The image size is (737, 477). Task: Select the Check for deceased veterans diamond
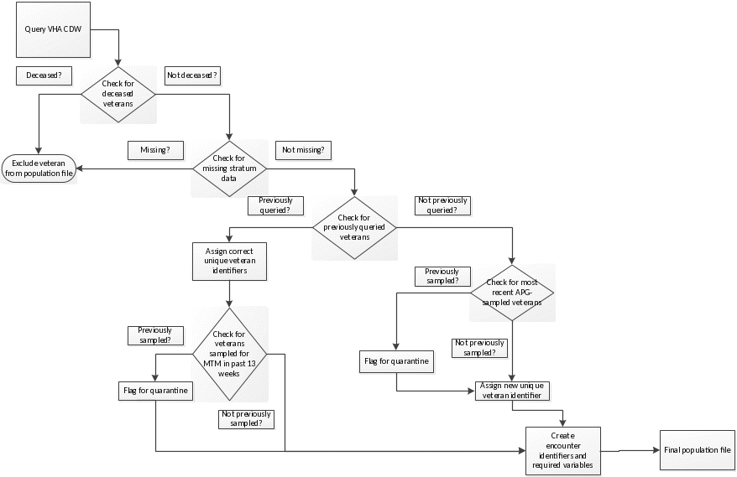118,93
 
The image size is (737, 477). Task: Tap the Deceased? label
43,75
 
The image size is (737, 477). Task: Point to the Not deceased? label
192,75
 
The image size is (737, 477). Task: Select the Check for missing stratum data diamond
229,168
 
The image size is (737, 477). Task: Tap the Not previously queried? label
442,205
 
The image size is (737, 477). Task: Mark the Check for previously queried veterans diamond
354,227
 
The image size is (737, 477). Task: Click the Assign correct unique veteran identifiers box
229,260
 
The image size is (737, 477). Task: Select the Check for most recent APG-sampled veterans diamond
511,293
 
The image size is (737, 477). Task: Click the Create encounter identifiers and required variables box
563,451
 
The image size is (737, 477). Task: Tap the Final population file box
697,449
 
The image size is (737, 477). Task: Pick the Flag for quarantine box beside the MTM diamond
155,390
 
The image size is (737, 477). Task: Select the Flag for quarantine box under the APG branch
397,362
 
